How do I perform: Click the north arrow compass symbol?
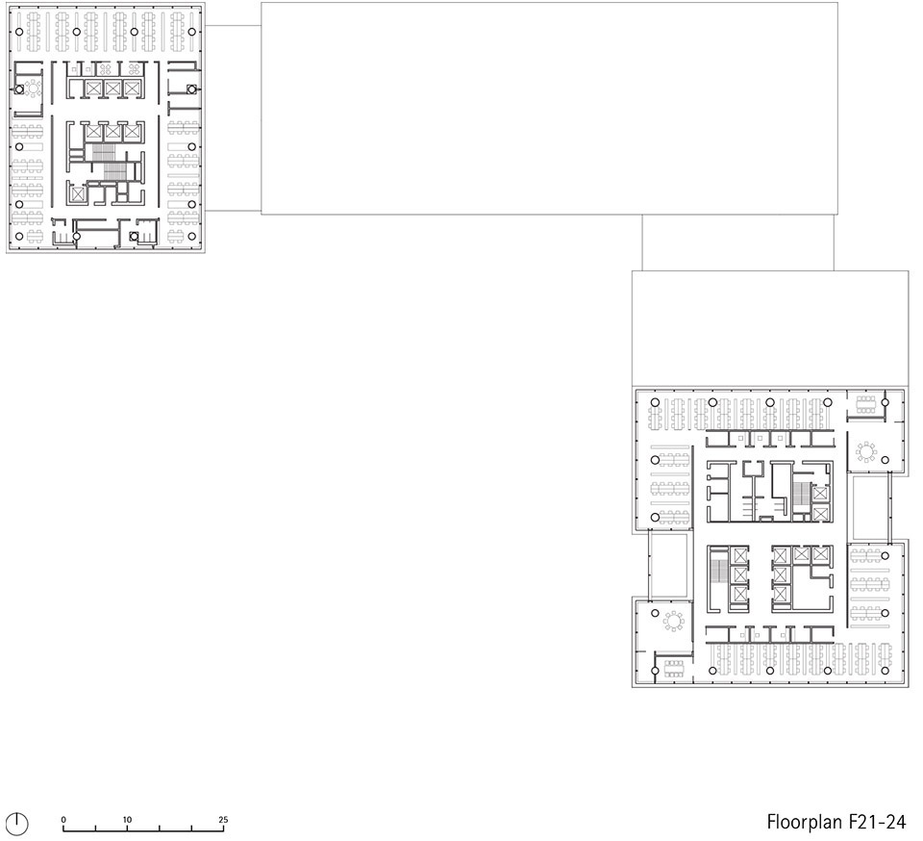(19, 823)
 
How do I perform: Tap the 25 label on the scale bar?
(222, 819)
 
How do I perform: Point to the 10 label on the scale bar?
(127, 819)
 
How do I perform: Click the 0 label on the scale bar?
(63, 819)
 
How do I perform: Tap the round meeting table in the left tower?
(33, 89)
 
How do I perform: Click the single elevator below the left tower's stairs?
(77, 194)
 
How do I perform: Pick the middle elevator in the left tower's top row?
(112, 89)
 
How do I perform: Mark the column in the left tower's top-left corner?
(19, 32)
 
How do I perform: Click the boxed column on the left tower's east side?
(191, 89)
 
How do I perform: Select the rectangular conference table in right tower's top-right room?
(865, 404)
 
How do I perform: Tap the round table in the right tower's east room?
(866, 451)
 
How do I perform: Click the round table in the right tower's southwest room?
(673, 621)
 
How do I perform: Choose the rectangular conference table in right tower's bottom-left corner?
(674, 668)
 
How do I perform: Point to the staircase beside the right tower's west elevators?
(719, 572)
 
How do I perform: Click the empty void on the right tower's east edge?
(869, 508)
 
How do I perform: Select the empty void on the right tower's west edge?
(668, 566)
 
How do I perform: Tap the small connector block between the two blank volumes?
(737, 242)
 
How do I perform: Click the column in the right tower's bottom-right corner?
(885, 671)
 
